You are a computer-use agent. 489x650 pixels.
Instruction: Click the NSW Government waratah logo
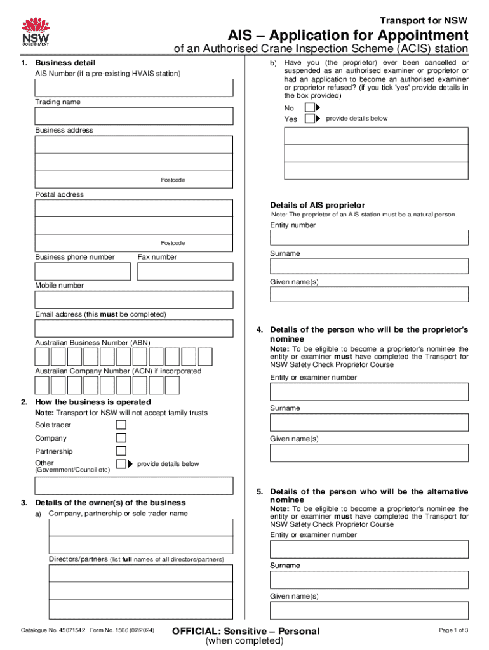[36, 32]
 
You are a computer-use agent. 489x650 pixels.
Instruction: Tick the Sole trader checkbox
[121, 425]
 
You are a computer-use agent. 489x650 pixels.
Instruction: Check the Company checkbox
[121, 438]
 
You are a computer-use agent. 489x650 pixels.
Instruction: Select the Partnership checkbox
[121, 451]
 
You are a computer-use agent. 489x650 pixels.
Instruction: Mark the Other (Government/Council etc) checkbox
[121, 465]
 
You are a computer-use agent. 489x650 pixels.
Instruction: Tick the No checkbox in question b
[309, 108]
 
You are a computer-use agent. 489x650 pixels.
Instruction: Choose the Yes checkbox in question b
[309, 119]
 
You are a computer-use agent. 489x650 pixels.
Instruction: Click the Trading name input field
[133, 116]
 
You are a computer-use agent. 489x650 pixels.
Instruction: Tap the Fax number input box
[185, 272]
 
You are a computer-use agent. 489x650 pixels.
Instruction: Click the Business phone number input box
[83, 272]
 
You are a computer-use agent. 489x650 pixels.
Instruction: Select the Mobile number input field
[133, 300]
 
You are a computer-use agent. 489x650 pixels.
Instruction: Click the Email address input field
[133, 328]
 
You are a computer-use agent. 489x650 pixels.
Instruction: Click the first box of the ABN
[42, 357]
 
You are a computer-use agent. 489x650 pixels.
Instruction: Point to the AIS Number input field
[133, 88]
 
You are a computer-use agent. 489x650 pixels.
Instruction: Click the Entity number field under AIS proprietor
[369, 237]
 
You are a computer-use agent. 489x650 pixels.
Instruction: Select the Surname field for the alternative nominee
[369, 580]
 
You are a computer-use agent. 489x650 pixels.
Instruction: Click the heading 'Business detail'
[65, 63]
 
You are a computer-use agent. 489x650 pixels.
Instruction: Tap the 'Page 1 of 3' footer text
[453, 630]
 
